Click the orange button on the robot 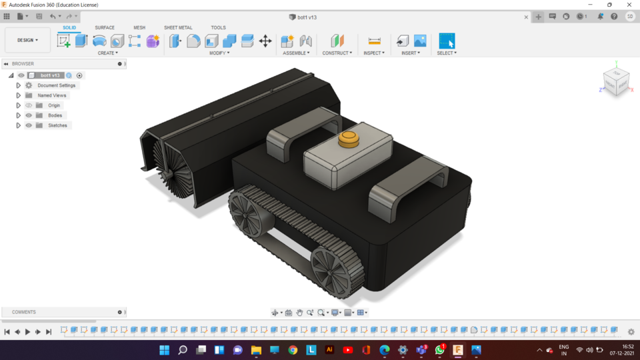click(x=348, y=139)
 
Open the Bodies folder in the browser click(x=55, y=115)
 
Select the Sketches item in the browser click(x=57, y=125)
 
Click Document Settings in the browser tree click(x=56, y=85)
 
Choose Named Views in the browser click(x=51, y=95)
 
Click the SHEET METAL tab click(x=178, y=27)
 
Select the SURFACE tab click(x=104, y=27)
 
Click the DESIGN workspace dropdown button click(x=27, y=40)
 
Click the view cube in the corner click(x=615, y=82)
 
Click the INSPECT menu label click(x=373, y=53)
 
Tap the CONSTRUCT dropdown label click(x=337, y=53)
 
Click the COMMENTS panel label click(x=24, y=312)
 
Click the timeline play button click(x=27, y=331)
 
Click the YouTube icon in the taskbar click(x=347, y=349)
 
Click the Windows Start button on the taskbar click(x=164, y=349)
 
